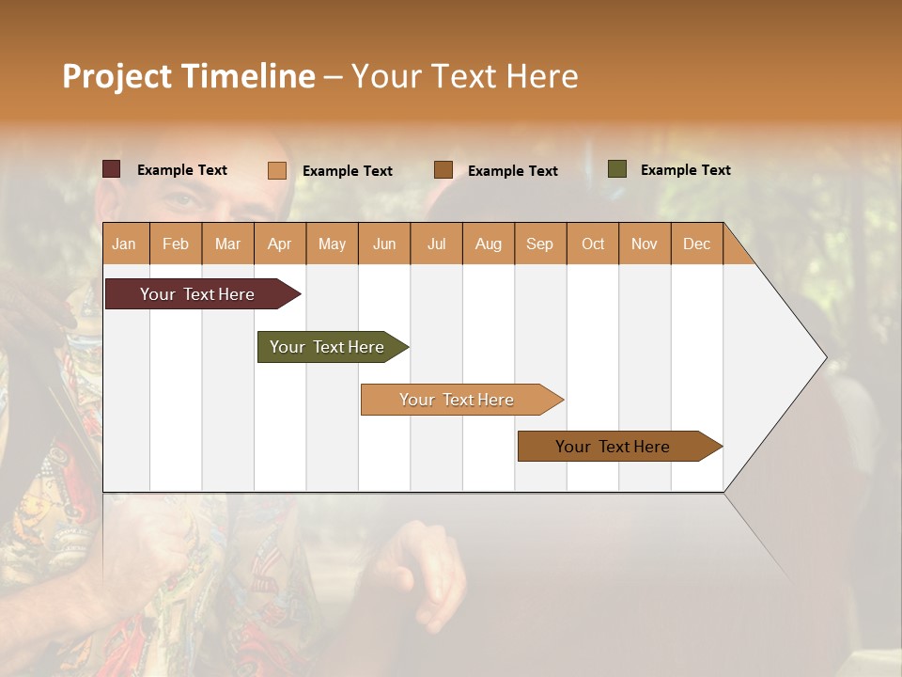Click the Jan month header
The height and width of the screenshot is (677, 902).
pyautogui.click(x=124, y=244)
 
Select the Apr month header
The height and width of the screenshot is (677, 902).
pyautogui.click(x=279, y=244)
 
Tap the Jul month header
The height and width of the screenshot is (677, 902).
pyautogui.click(x=436, y=244)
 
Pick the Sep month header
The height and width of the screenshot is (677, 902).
pyautogui.click(x=539, y=244)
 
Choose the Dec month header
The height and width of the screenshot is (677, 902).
pyautogui.click(x=696, y=244)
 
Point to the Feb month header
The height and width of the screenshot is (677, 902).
pyautogui.click(x=176, y=244)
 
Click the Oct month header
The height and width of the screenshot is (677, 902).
pyautogui.click(x=593, y=244)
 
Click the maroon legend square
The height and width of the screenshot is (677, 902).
pyautogui.click(x=112, y=169)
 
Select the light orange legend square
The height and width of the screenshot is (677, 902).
pyautogui.click(x=277, y=170)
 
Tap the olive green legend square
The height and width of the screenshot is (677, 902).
pyautogui.click(x=617, y=169)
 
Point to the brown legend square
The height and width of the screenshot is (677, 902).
pyautogui.click(x=443, y=170)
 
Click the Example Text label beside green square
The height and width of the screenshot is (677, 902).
pyautogui.click(x=685, y=170)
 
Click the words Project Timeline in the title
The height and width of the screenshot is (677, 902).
pyautogui.click(x=189, y=76)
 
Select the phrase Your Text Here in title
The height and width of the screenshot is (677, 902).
pyautogui.click(x=464, y=76)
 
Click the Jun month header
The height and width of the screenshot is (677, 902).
pyautogui.click(x=384, y=244)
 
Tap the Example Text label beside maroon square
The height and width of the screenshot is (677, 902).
pyautogui.click(x=182, y=170)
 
